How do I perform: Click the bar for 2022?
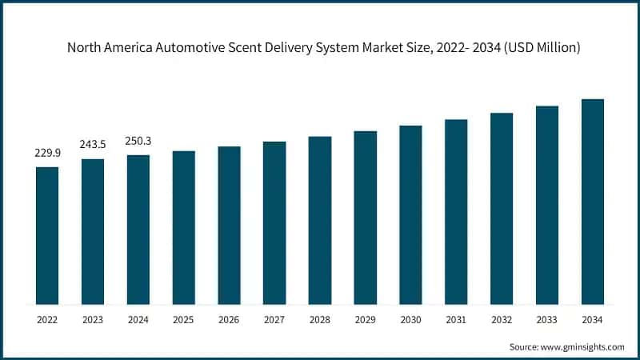[x=47, y=236]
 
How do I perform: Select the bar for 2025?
[x=184, y=228]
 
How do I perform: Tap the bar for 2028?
[x=320, y=221]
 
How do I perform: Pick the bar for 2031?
[x=456, y=212]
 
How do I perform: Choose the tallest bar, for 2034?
[x=593, y=202]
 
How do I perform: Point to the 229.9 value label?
[x=47, y=152]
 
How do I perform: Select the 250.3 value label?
[x=138, y=141]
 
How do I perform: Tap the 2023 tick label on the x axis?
[x=93, y=319]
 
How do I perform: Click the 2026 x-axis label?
[x=229, y=319]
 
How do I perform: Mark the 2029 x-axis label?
[x=366, y=319]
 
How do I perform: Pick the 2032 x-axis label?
[x=502, y=319]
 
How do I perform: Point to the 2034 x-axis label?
[x=593, y=319]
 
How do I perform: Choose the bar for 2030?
[x=410, y=215]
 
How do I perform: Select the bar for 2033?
[x=547, y=206]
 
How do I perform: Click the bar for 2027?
[x=274, y=223]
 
